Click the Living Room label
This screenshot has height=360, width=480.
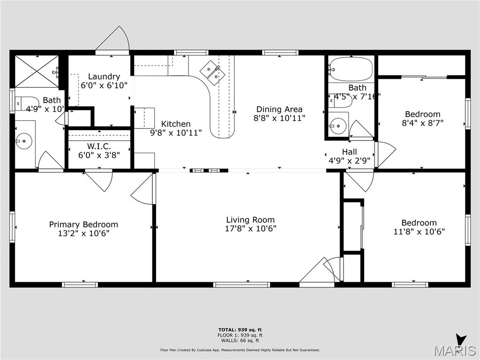pyautogui.click(x=250, y=219)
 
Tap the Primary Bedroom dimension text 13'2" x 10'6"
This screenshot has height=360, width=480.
pyautogui.click(x=83, y=233)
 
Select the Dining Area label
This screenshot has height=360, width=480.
pyautogui.click(x=279, y=110)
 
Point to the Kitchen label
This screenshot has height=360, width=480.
pyautogui.click(x=176, y=124)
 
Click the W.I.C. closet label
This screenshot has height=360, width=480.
pyautogui.click(x=99, y=146)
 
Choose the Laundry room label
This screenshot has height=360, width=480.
pyautogui.click(x=104, y=77)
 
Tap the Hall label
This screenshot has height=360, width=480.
pyautogui.click(x=349, y=152)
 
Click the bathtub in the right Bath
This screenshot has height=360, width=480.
pyautogui.click(x=351, y=70)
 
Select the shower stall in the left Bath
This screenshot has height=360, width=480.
pyautogui.click(x=37, y=71)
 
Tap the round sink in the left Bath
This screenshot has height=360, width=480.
pyautogui.click(x=23, y=139)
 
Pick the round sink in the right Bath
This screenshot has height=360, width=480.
pyautogui.click(x=337, y=126)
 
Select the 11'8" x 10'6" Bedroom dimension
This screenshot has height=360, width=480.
pyautogui.click(x=419, y=232)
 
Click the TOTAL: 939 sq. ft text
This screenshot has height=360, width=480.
pyautogui.click(x=240, y=330)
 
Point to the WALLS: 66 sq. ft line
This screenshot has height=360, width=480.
pyautogui.click(x=240, y=340)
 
